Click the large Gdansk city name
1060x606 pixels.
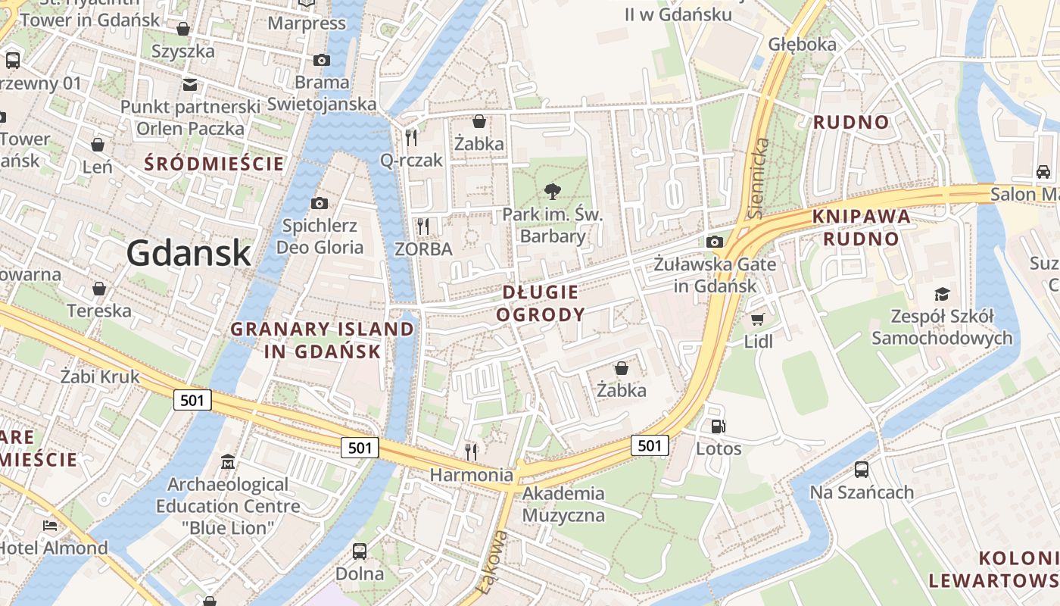click(x=189, y=252)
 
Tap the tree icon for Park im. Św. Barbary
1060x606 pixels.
click(x=553, y=192)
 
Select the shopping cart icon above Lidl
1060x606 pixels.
click(x=757, y=319)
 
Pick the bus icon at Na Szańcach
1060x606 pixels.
click(x=862, y=469)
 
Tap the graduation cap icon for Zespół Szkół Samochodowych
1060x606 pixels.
click(x=942, y=294)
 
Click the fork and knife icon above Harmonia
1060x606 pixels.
click(x=471, y=452)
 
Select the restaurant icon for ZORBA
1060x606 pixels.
click(x=423, y=226)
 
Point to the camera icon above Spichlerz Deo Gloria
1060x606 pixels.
click(x=320, y=203)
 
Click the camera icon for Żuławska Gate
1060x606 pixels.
click(x=714, y=242)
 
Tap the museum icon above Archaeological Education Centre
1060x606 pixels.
click(x=228, y=461)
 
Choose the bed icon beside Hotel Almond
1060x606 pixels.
click(x=50, y=525)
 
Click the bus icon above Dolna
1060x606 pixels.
click(x=360, y=551)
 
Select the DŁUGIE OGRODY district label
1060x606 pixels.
click(x=541, y=303)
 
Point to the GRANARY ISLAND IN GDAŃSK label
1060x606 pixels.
click(x=323, y=340)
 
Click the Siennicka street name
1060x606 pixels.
click(x=759, y=178)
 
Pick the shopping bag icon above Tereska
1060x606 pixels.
click(x=98, y=289)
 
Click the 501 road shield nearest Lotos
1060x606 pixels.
click(x=650, y=445)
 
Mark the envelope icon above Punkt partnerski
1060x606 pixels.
click(x=189, y=84)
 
